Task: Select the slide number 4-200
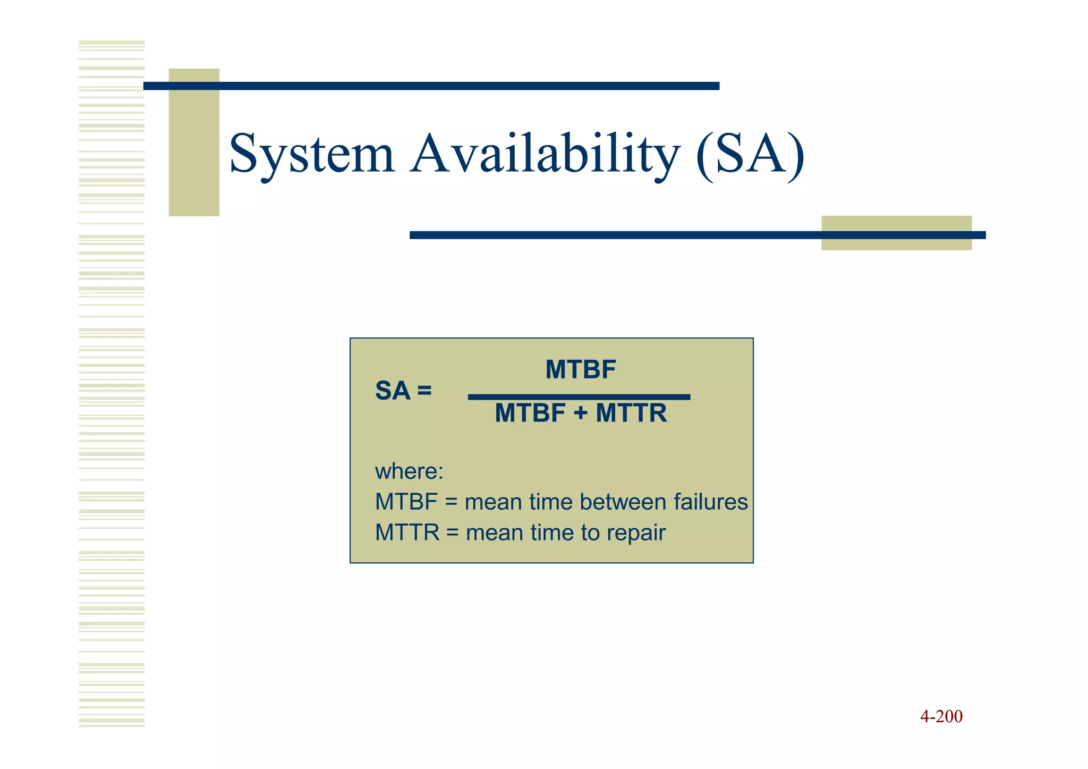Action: coord(941,716)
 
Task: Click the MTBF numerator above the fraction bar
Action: coord(580,369)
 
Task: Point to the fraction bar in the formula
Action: coord(579,397)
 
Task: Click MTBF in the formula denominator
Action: coord(530,413)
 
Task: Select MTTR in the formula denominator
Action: coord(631,413)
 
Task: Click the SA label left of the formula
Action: coord(393,391)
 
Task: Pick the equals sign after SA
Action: coord(424,391)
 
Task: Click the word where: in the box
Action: coord(409,471)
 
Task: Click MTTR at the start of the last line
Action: coord(407,533)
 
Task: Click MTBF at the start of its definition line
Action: coord(406,502)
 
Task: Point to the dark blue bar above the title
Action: coord(431,86)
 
